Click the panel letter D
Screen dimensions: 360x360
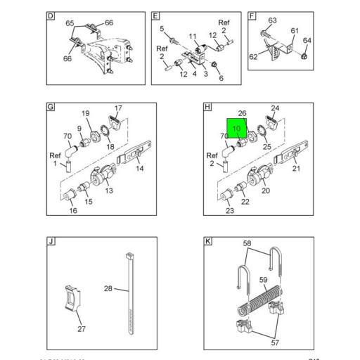[51, 15]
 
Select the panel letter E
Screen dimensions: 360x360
[156, 15]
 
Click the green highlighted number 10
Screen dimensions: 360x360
[236, 129]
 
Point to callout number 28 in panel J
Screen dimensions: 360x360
[108, 288]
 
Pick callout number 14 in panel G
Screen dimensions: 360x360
[139, 169]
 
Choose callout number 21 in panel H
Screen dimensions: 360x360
[296, 169]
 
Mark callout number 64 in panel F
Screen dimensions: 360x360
[307, 40]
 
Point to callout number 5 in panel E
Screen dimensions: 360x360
[161, 29]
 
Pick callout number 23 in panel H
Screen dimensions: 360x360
[229, 210]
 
